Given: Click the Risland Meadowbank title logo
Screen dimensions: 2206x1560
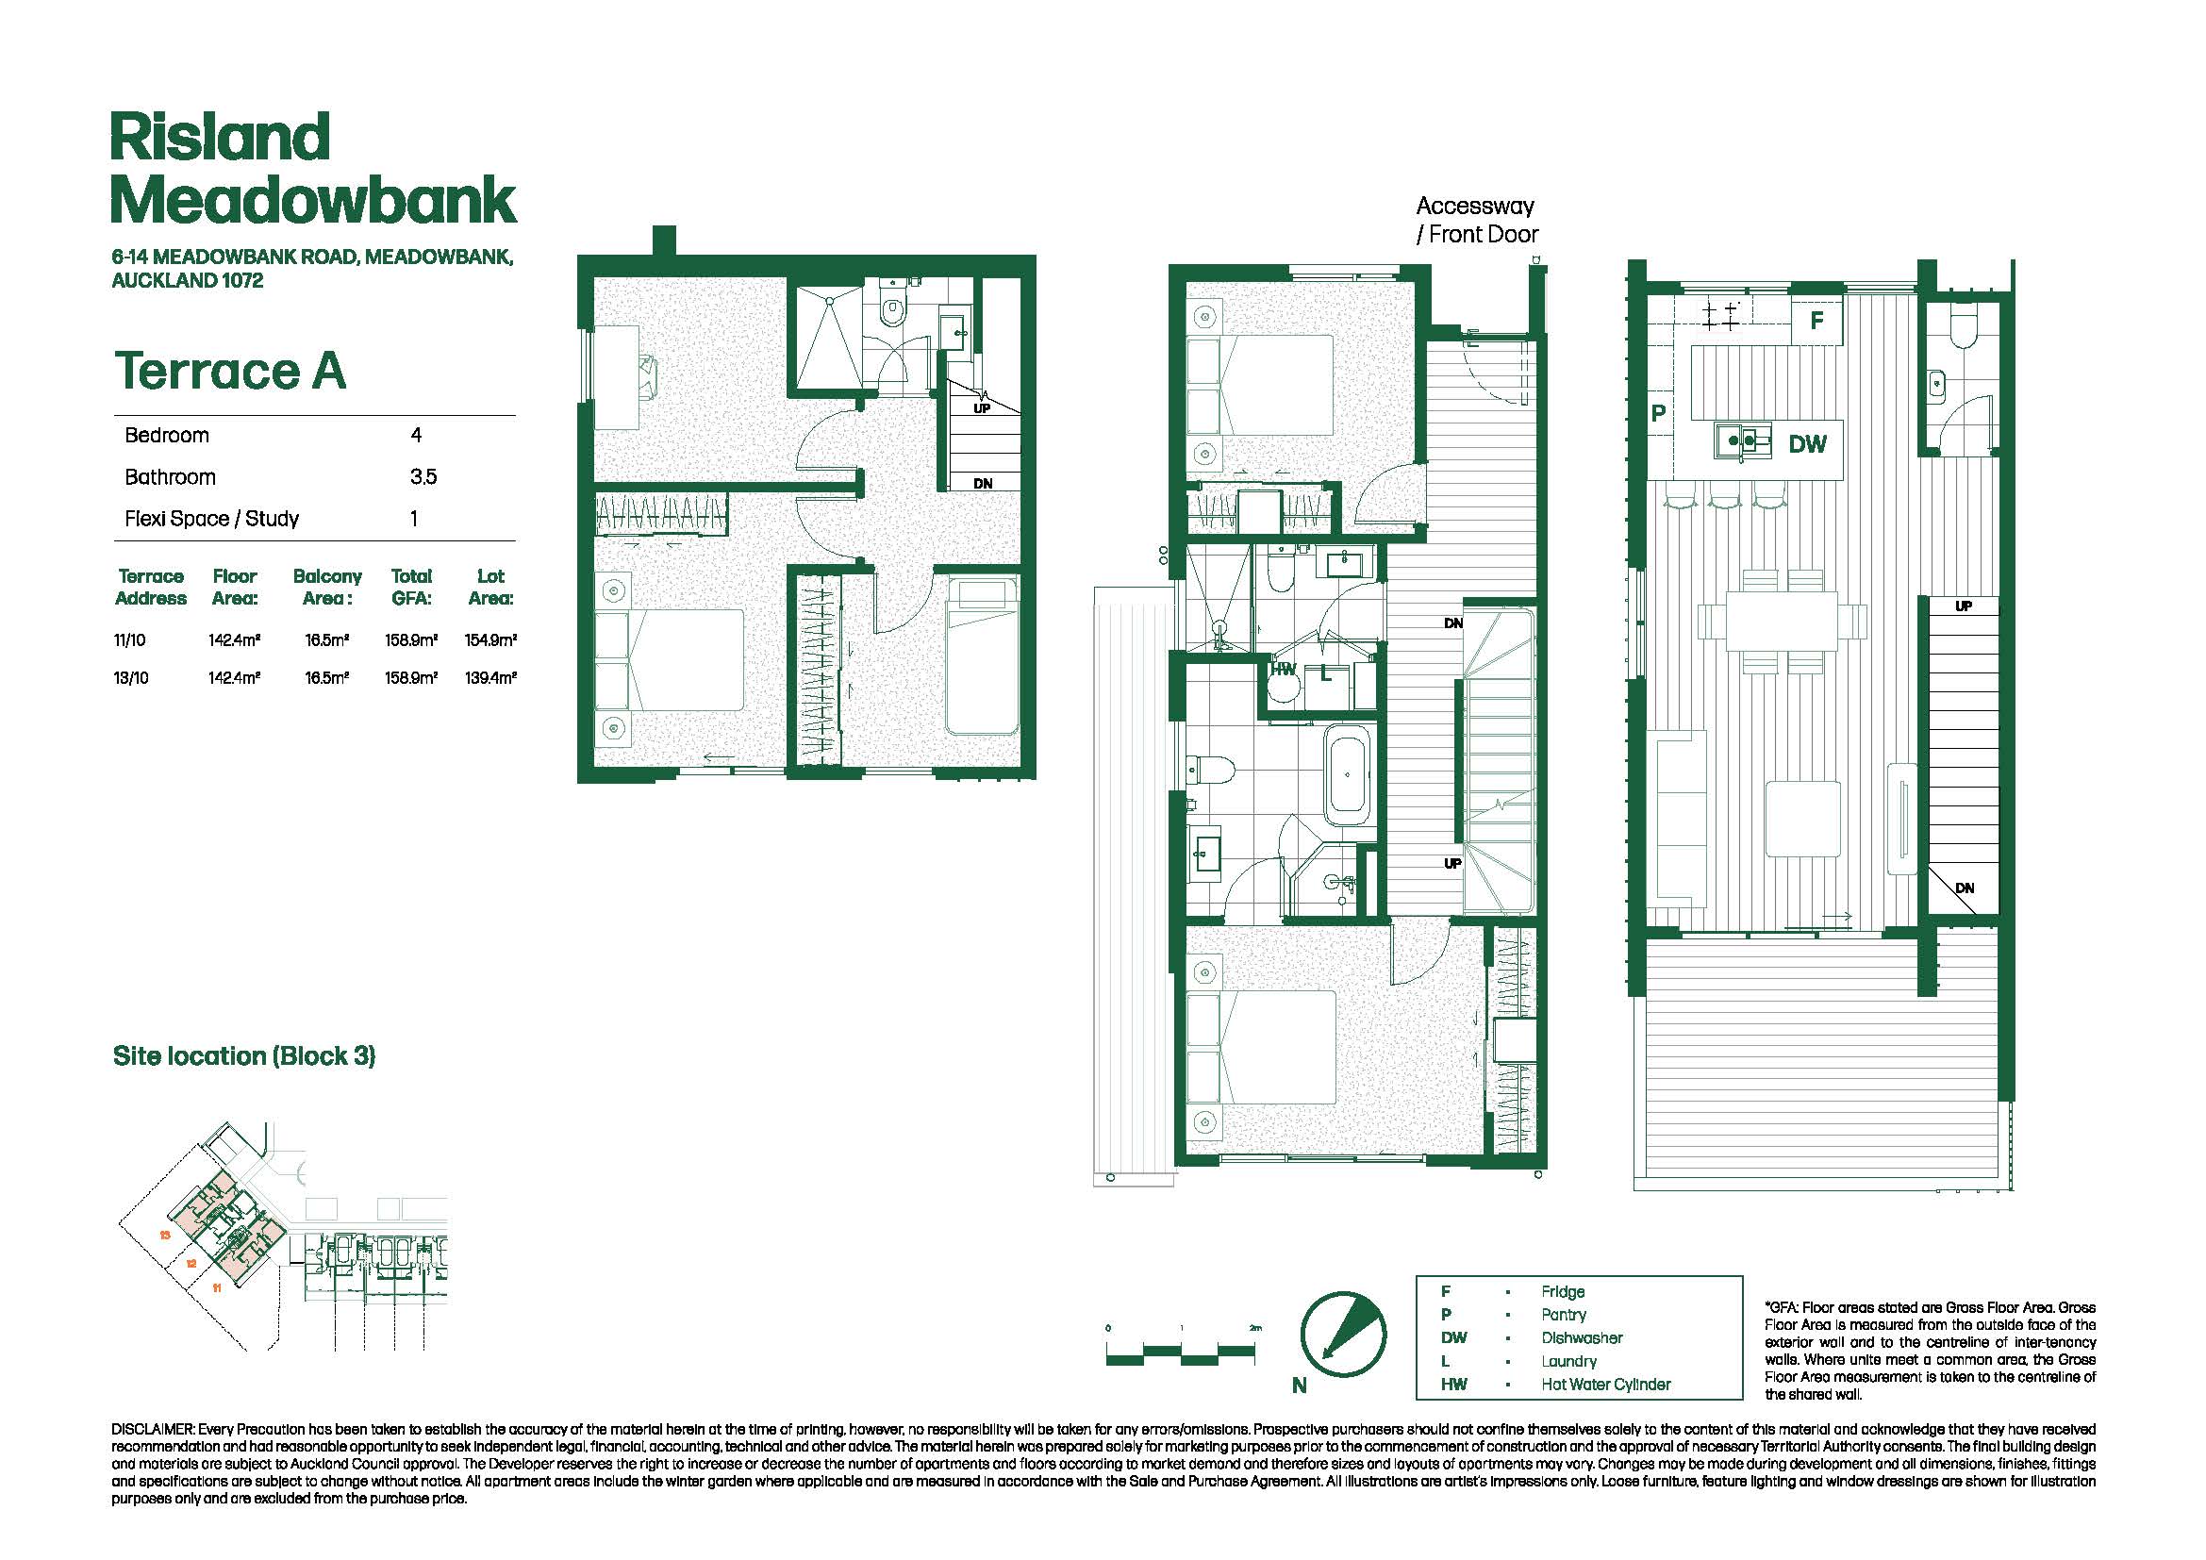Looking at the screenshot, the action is coord(313,168).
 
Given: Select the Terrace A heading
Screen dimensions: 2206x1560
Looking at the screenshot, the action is coord(229,371).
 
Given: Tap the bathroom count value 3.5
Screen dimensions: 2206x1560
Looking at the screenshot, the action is coord(423,477).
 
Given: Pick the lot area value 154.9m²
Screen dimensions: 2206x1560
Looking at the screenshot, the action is coord(491,639).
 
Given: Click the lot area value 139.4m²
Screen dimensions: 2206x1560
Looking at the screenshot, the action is coord(491,678).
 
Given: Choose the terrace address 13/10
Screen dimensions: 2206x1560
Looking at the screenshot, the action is coord(132,678).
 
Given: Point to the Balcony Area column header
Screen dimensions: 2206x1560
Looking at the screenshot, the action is coord(327,587).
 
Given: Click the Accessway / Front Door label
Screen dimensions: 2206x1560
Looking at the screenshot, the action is coord(1477,220).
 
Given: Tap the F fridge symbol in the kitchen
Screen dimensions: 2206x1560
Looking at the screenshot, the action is coord(1816,321).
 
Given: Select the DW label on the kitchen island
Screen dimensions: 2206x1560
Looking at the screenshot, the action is coord(1807,444).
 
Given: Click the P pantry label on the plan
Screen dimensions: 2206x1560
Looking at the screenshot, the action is coord(1658,414).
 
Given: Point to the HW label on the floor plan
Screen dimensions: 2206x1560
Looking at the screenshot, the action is coord(1284,670).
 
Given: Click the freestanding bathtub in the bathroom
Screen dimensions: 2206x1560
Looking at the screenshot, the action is coord(1348,775).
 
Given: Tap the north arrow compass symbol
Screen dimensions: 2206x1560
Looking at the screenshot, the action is coord(1343,1334).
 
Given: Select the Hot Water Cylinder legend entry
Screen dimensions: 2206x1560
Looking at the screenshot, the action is coord(1605,1385).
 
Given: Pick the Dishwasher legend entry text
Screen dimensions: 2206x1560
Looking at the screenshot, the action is coord(1582,1338).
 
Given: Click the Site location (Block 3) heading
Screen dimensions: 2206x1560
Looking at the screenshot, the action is coord(244,1056).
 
